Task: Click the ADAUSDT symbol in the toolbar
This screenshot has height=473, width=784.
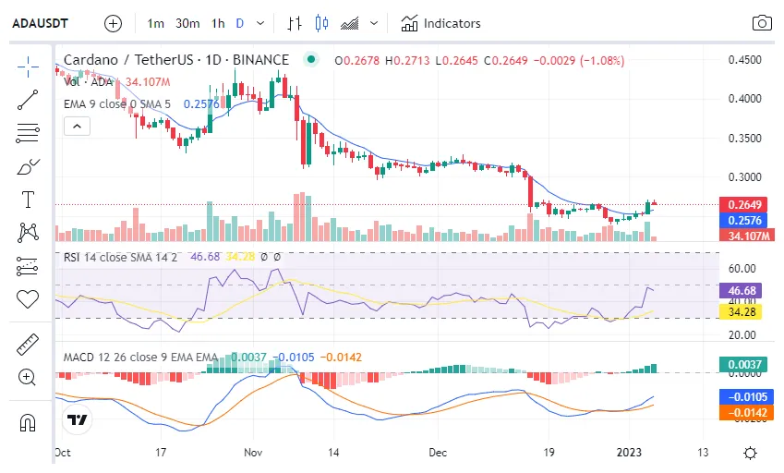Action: tap(43, 23)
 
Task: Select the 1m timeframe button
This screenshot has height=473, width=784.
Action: tap(156, 23)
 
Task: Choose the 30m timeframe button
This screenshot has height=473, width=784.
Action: tap(187, 23)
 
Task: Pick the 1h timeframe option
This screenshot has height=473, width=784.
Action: tap(218, 23)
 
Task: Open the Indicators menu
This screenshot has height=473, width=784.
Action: tap(440, 23)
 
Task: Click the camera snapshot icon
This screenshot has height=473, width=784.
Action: tap(762, 23)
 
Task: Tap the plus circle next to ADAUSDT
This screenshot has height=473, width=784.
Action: tap(113, 23)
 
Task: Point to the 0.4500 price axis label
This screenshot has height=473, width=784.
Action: tap(743, 60)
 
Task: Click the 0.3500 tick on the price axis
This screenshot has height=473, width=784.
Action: tap(743, 138)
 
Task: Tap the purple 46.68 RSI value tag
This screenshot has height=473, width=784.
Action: tap(743, 290)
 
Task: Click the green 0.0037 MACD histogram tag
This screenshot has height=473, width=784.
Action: tap(743, 366)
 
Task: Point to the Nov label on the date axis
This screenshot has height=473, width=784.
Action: tap(256, 453)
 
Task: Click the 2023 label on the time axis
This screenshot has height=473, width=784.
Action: tap(629, 453)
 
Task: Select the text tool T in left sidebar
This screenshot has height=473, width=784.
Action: tap(28, 200)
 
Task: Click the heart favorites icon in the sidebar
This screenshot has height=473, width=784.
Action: tap(28, 298)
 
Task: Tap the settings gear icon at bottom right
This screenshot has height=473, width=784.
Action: tap(751, 453)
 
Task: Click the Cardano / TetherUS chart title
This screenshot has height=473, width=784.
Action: tap(175, 60)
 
